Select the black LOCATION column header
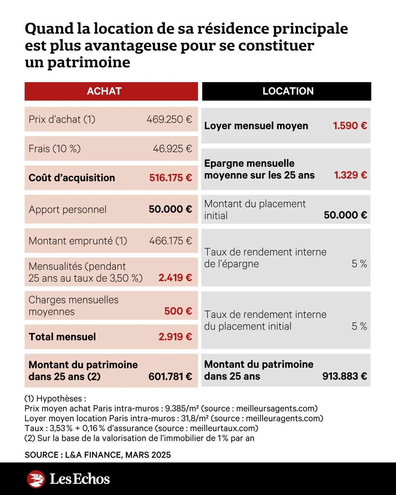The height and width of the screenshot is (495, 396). pos(288,91)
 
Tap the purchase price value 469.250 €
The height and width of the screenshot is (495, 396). pos(169,120)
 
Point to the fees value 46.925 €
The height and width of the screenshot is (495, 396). pos(172,149)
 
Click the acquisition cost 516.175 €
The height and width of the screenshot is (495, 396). pos(170,178)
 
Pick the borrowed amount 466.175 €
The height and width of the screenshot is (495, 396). pos(170,241)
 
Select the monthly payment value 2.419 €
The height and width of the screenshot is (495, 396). pos(175,278)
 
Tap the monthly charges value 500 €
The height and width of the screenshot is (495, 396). pos(178,311)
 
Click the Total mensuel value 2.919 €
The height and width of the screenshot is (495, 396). pos(175,337)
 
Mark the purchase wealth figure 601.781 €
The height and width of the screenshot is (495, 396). pos(170,377)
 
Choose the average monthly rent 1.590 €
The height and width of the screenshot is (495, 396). pos(350,126)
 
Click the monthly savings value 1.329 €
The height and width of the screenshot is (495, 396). pos(350,175)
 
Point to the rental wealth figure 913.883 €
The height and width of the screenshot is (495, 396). pos(345,376)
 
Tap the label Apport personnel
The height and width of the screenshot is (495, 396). pos(67,210)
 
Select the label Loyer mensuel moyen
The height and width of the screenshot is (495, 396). pos(256,126)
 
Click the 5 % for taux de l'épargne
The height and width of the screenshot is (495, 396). pos(359,264)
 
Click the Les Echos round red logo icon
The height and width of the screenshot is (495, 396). pos(36,479)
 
